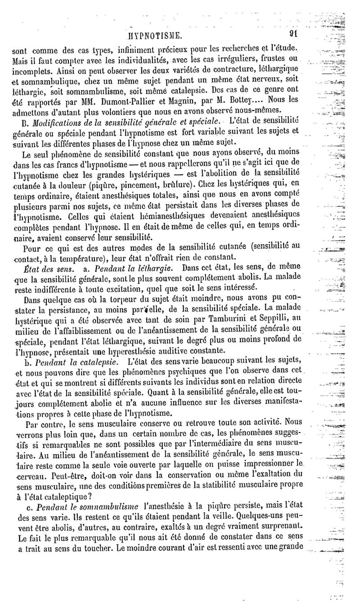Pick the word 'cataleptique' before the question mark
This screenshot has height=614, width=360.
(63, 497)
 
